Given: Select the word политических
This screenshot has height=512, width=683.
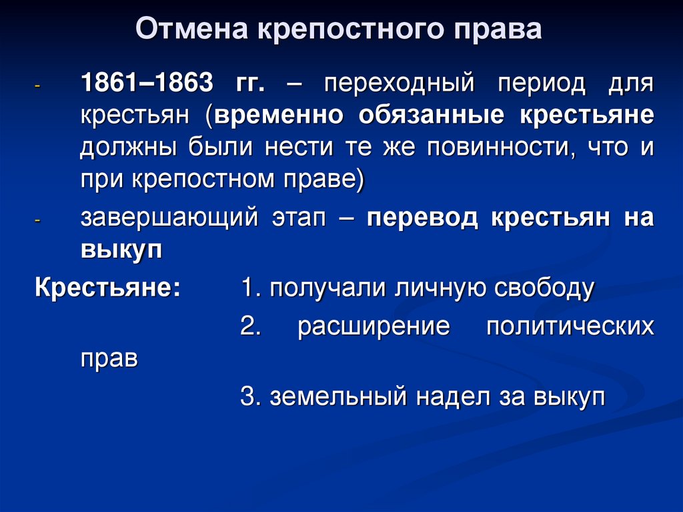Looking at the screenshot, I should (570, 328).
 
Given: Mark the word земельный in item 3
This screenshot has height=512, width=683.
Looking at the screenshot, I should (338, 397).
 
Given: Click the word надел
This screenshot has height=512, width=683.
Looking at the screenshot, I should (451, 397).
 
